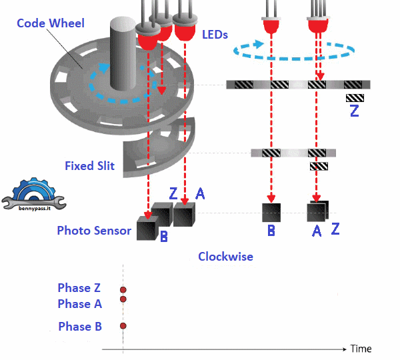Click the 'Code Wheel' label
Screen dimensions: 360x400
(51, 23)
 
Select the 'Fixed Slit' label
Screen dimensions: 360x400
(89, 165)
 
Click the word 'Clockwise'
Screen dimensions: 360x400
(225, 256)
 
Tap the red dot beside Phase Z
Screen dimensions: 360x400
(123, 289)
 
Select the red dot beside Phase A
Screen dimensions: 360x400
(123, 299)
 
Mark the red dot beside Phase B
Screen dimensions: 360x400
(123, 326)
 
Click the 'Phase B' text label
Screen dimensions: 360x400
(79, 326)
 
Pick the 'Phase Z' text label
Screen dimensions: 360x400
(79, 288)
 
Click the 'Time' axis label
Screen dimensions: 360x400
(361, 349)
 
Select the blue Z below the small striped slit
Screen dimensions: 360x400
(354, 111)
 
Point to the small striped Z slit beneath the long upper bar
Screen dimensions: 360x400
(354, 98)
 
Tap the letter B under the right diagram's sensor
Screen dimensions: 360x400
(271, 231)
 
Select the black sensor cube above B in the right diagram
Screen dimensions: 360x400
(271, 212)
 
